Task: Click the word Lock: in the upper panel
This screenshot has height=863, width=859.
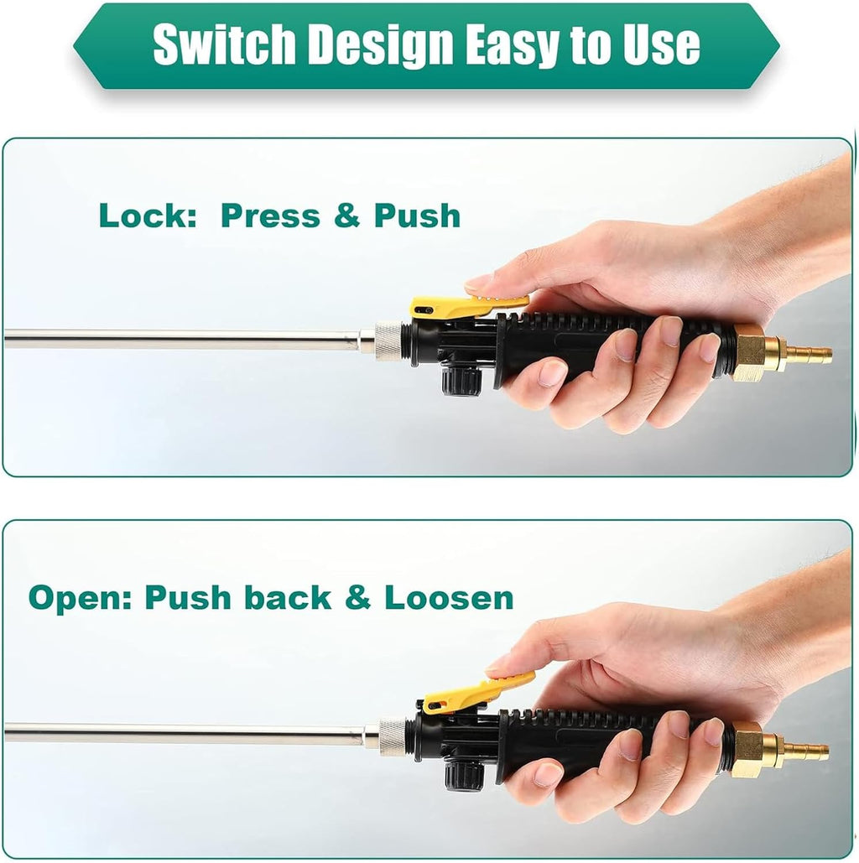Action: tap(148, 216)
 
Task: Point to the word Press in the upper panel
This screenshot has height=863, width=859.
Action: tap(270, 216)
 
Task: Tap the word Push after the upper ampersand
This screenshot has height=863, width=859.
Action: tap(417, 216)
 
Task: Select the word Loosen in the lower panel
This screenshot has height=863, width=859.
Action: tap(449, 598)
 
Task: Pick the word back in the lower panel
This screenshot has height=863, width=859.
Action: tap(288, 597)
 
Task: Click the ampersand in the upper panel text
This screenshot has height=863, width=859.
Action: tap(347, 216)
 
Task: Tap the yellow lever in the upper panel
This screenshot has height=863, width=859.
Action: tap(468, 307)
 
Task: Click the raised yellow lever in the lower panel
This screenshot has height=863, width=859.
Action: tap(476, 691)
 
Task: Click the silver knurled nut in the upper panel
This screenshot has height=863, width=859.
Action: tap(390, 342)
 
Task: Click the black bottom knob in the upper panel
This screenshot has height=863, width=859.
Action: tap(461, 382)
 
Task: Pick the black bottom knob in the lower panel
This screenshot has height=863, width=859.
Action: tap(464, 776)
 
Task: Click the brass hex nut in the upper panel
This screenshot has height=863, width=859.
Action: tap(750, 352)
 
